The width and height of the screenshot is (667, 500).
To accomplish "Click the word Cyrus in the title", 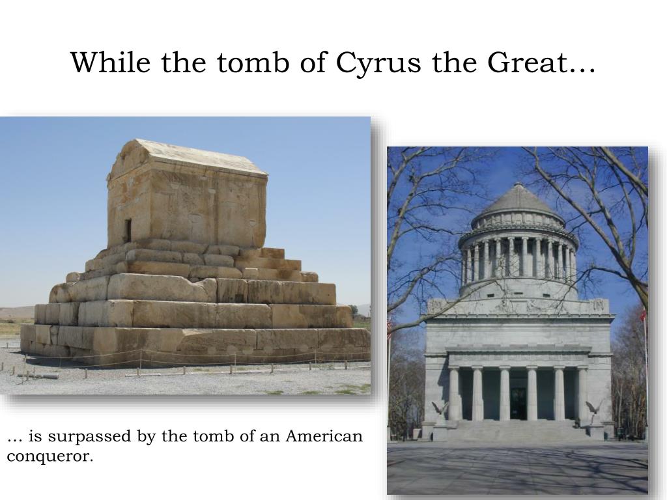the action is pos(378,63).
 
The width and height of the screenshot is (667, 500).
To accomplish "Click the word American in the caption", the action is pos(324,436).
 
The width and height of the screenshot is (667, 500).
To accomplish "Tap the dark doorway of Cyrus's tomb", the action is pos(128,231).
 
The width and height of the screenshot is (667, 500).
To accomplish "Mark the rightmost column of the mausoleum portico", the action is pos(582,394).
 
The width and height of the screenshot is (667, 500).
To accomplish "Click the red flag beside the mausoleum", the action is pos(643,314).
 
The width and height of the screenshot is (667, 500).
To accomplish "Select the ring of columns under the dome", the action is pos(518,258).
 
